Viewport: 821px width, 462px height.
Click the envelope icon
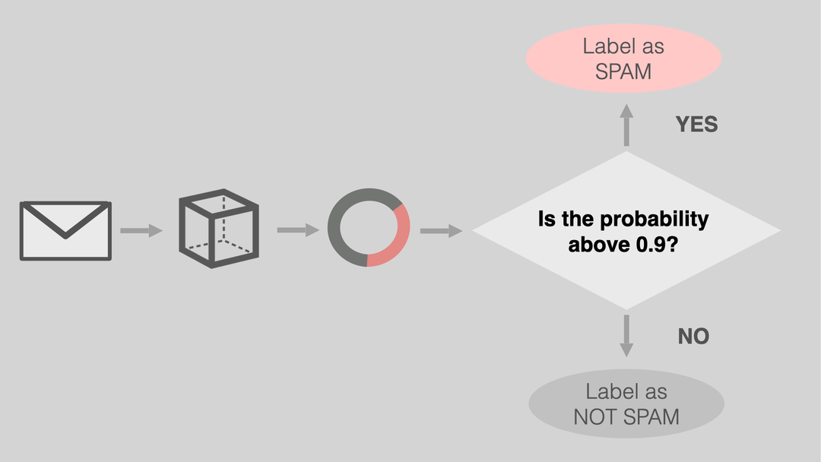tap(65, 230)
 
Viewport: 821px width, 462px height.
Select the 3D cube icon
tap(219, 228)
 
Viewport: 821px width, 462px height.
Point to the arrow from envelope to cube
tap(141, 230)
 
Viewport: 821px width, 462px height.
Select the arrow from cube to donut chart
tap(298, 230)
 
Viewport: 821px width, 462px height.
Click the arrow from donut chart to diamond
tap(441, 231)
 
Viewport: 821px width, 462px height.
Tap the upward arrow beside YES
tap(626, 125)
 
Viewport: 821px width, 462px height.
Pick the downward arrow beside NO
tap(626, 336)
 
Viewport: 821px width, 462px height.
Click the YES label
tap(696, 125)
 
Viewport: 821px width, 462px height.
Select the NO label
tap(693, 337)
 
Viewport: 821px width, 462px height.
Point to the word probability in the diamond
tap(654, 220)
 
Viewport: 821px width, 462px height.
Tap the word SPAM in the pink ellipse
tap(623, 71)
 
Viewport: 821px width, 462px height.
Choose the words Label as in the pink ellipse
tap(623, 46)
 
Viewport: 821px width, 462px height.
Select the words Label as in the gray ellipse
tap(626, 392)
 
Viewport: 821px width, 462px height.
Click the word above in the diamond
tap(592, 245)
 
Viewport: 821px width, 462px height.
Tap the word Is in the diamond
tap(547, 220)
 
